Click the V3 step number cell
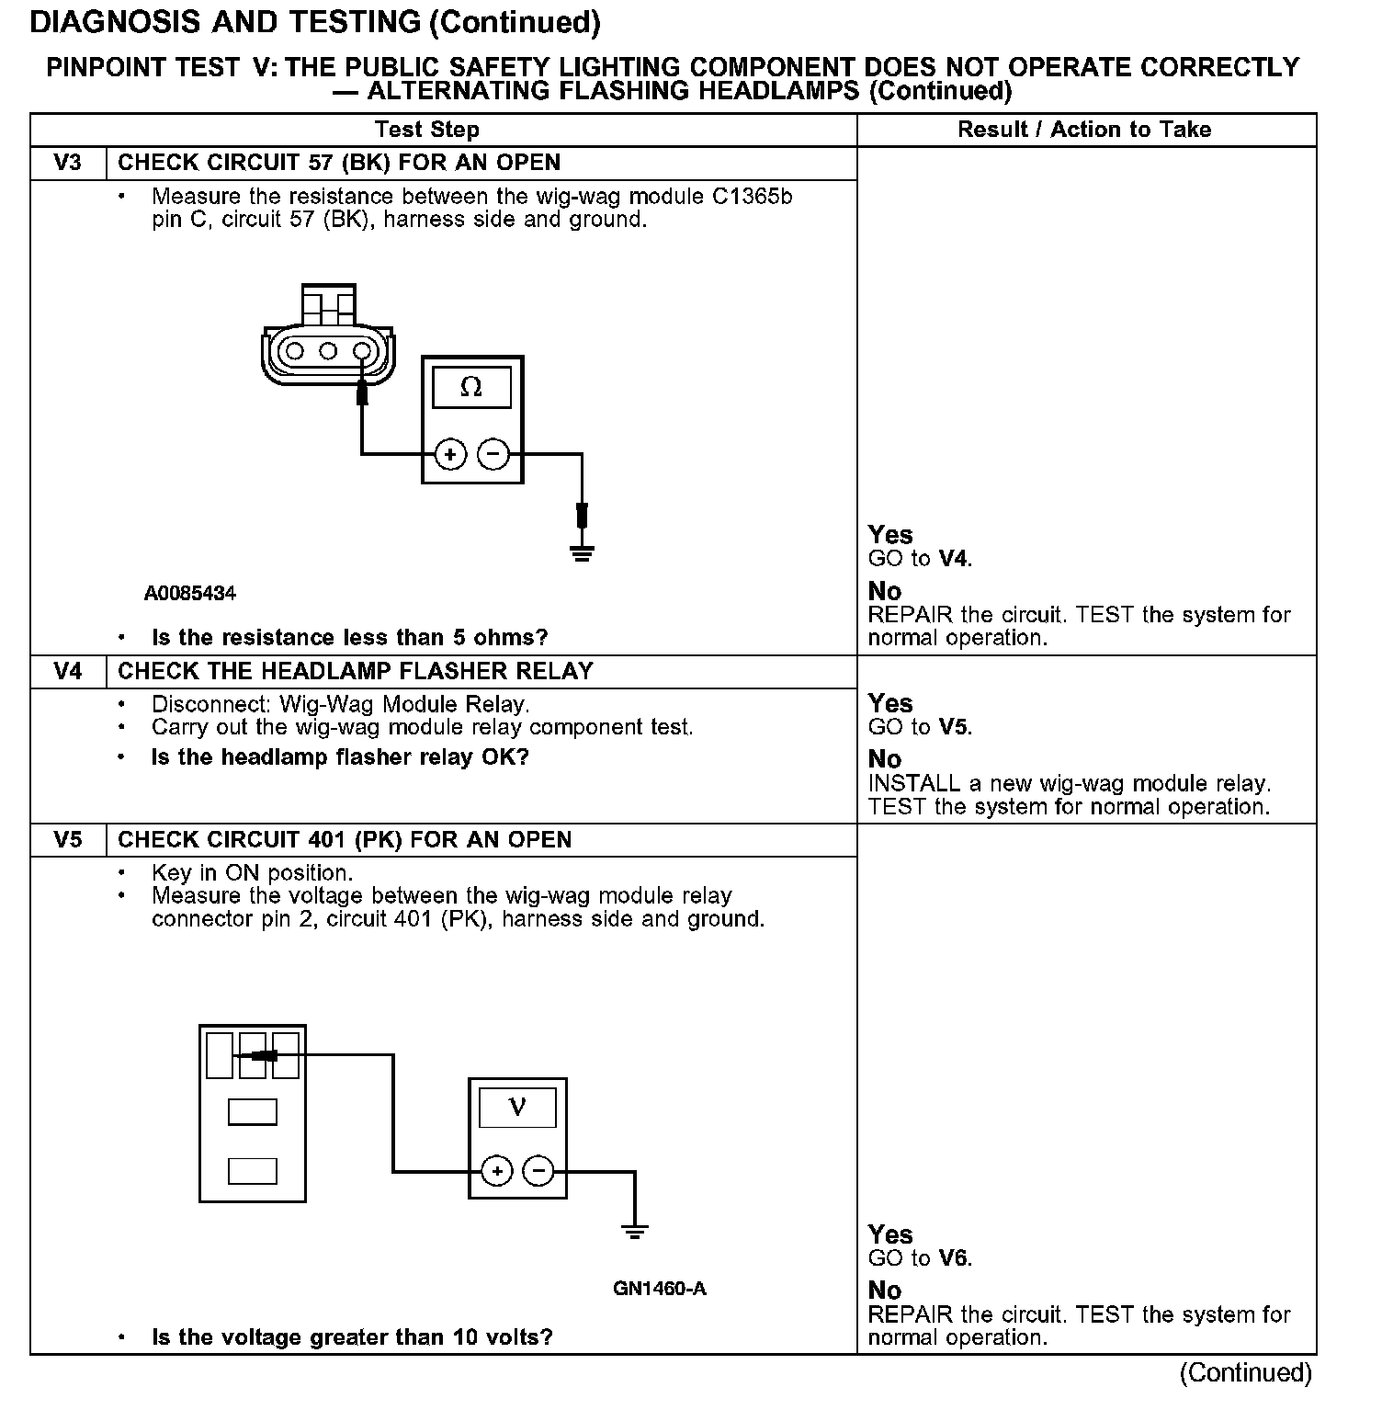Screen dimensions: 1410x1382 pos(68,163)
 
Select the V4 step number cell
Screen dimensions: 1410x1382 pos(68,671)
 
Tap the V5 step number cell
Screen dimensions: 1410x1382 pos(68,839)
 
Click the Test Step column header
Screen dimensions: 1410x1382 pos(427,130)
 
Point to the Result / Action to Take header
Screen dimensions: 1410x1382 pos(1084,130)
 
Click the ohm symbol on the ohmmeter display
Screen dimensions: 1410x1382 pos(470,388)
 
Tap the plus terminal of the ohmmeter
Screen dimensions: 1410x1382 pos(450,454)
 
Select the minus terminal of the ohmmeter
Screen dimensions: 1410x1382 pos(493,454)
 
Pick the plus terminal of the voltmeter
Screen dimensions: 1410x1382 pos(497,1171)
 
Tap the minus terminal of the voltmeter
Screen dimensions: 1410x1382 pos(538,1171)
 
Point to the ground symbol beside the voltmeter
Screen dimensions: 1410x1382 pos(634,1231)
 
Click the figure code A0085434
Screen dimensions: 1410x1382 pos(190,594)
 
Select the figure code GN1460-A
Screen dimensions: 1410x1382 pos(659,1289)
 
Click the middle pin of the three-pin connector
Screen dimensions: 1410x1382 pos(328,350)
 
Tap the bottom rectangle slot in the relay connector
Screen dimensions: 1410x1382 pos(252,1171)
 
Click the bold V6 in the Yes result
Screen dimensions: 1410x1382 pos(953,1258)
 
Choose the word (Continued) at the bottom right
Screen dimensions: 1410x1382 pos(1245,1372)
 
